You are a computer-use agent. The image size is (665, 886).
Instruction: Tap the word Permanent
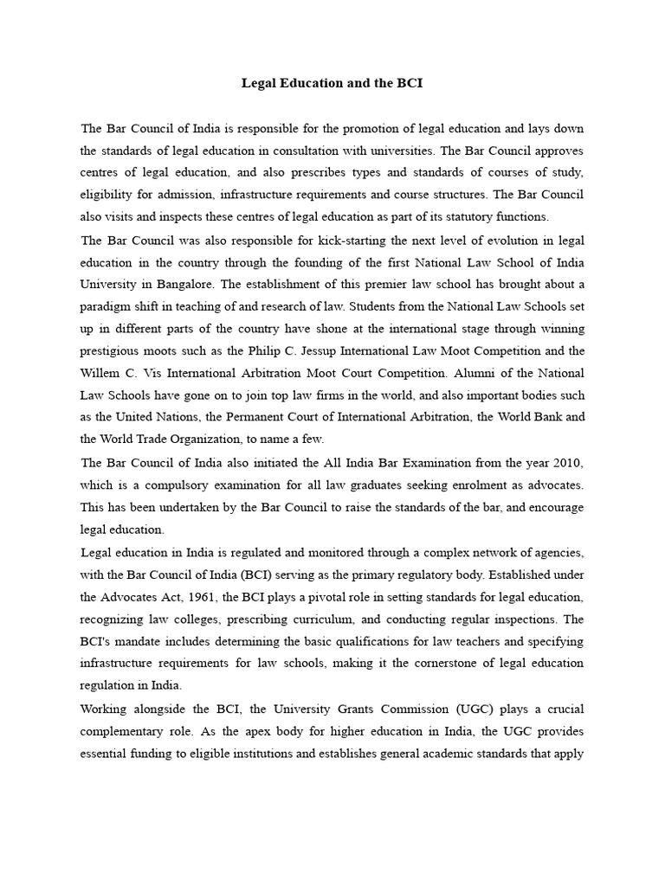[256, 417]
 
